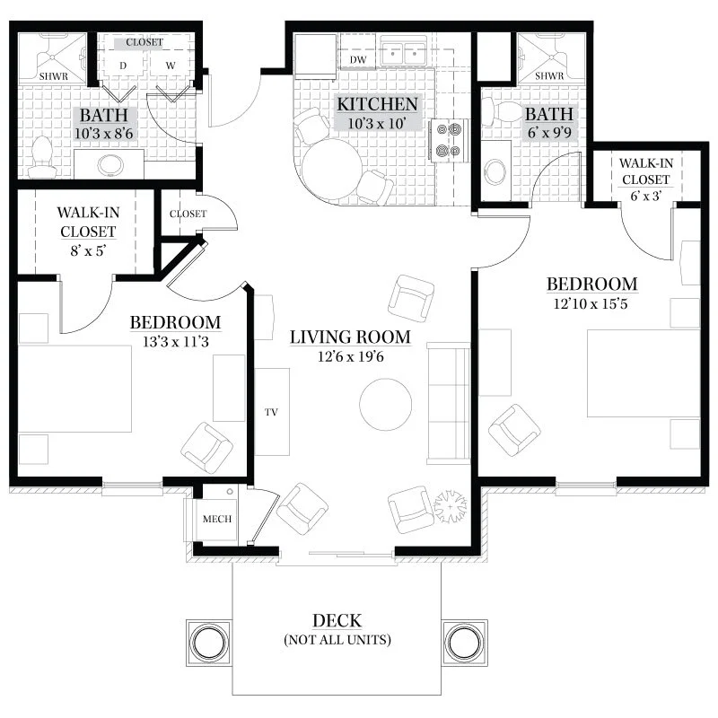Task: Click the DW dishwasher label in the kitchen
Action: [358, 59]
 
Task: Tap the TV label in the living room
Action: [271, 412]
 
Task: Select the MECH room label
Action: [217, 519]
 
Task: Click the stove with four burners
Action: [448, 140]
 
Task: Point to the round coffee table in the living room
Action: [385, 405]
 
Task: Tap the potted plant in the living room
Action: [451, 506]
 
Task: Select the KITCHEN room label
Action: [377, 104]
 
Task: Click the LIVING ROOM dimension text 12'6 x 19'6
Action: [350, 356]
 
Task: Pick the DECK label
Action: [337, 620]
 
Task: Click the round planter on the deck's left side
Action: [209, 643]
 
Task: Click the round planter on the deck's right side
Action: [464, 643]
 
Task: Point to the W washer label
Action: [171, 66]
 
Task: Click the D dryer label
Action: [123, 66]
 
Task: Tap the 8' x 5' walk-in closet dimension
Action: [88, 251]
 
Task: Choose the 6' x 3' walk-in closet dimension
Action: [645, 197]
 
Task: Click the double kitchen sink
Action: [404, 54]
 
